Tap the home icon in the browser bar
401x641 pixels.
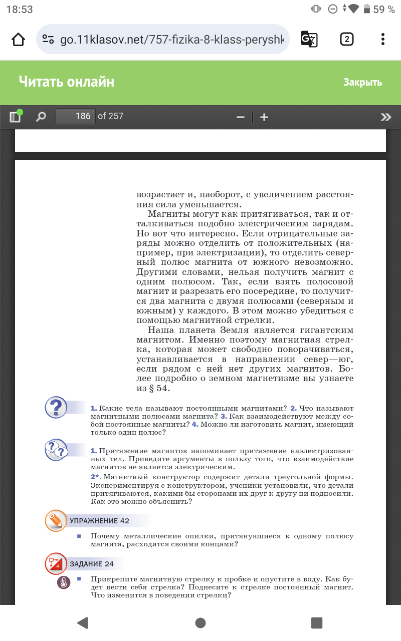[18, 40]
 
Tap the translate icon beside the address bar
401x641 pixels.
[308, 39]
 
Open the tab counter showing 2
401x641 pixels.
[347, 40]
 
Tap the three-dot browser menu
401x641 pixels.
[383, 40]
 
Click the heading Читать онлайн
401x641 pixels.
[67, 82]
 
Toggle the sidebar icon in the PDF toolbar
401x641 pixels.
[15, 117]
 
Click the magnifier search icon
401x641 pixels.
[41, 117]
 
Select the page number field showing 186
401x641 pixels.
[75, 116]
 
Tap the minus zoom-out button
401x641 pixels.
[241, 117]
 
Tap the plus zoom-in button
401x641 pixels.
[264, 117]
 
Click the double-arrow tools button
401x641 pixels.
[385, 117]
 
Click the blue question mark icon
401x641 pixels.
[56, 407]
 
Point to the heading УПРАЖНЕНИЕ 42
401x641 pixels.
[99, 521]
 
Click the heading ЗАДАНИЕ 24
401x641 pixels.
[92, 564]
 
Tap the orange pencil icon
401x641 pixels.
[56, 520]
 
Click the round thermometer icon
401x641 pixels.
[64, 582]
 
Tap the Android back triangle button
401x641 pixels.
[83, 622]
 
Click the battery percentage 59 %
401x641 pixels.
[384, 10]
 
